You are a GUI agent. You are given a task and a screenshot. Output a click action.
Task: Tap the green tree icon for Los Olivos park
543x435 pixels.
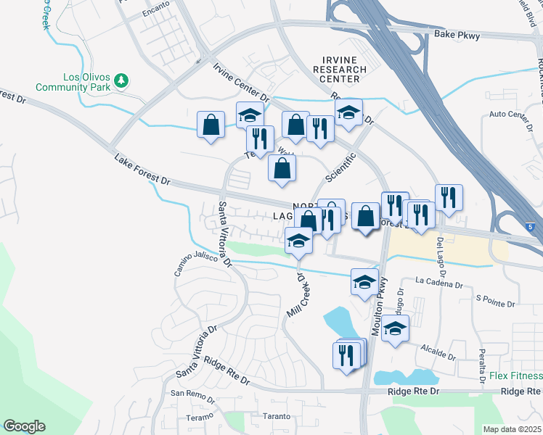point(123,79)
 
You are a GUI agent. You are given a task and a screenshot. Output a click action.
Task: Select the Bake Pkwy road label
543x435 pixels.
point(457,34)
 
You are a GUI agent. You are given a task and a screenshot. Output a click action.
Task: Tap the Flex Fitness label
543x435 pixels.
point(515,376)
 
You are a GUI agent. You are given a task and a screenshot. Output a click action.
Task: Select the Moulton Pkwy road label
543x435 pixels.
point(378,308)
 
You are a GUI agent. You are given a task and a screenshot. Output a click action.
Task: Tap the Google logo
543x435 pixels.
point(23,426)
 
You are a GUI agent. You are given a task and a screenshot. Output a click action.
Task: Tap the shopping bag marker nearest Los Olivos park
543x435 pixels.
point(211,125)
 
